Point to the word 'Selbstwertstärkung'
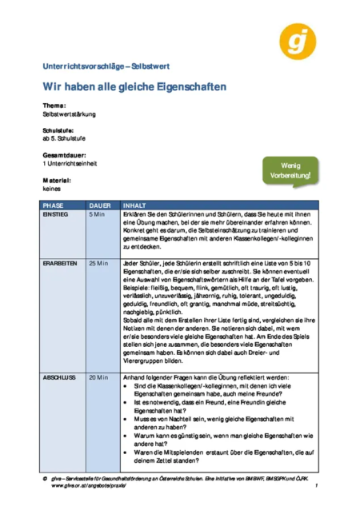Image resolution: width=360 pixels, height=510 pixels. coord(69,114)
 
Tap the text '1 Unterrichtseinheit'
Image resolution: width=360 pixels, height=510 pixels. coord(70,163)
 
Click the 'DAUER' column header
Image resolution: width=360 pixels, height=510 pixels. coord(100,205)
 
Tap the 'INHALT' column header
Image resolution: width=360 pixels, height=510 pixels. coord(134,205)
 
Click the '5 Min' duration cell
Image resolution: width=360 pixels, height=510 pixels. coord(97,215)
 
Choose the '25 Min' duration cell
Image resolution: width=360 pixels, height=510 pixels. coord(98,263)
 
